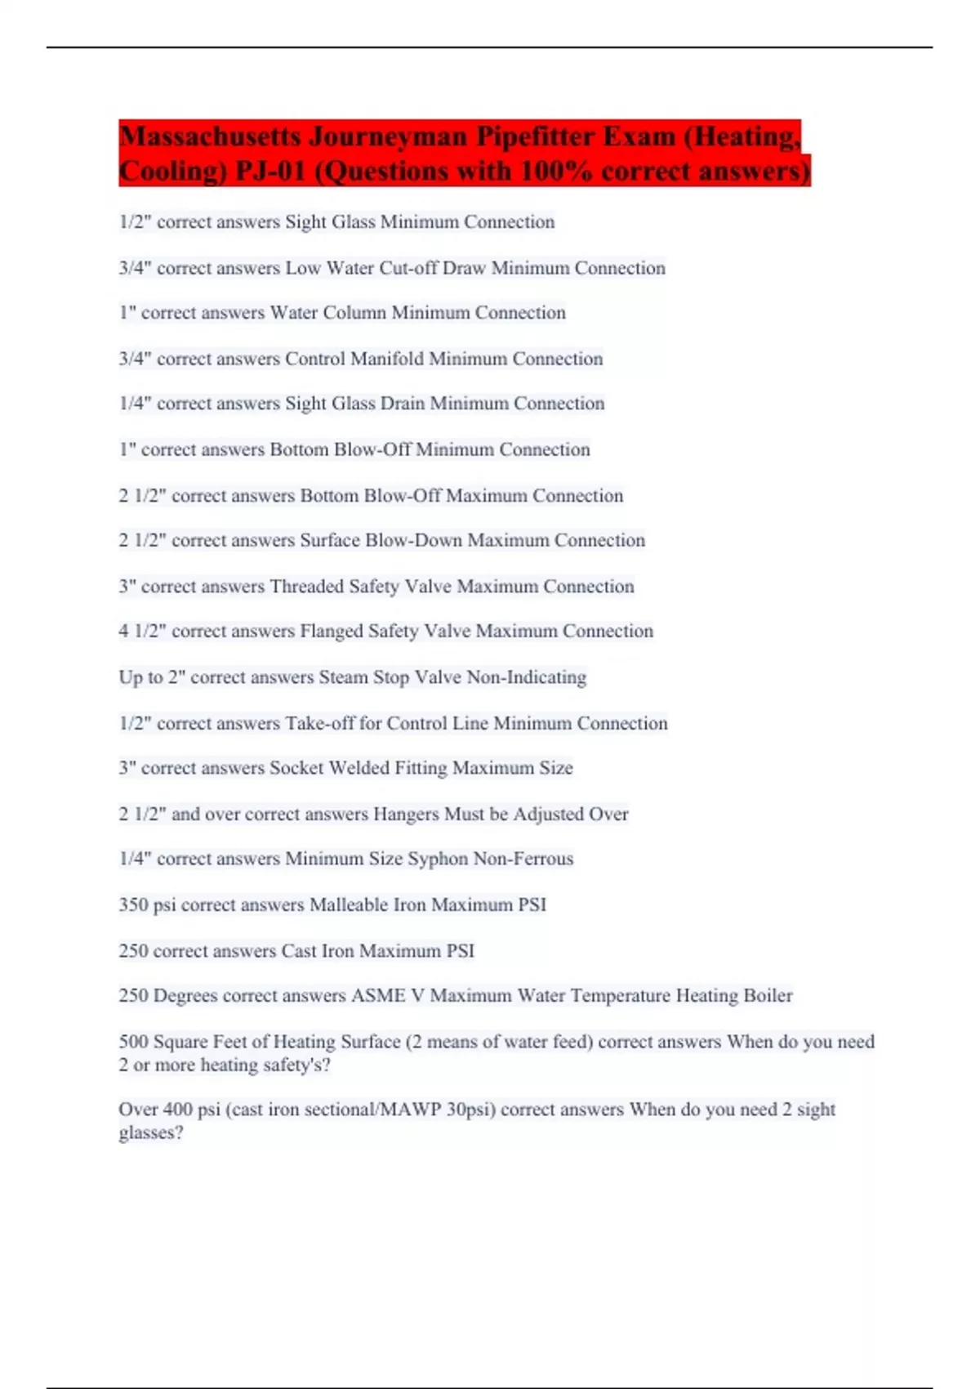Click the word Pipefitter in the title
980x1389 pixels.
point(535,136)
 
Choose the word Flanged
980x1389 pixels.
point(331,632)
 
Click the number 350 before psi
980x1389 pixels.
point(133,904)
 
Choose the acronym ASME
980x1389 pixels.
point(378,996)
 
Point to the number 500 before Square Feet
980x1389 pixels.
point(133,1042)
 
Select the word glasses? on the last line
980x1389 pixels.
point(151,1133)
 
